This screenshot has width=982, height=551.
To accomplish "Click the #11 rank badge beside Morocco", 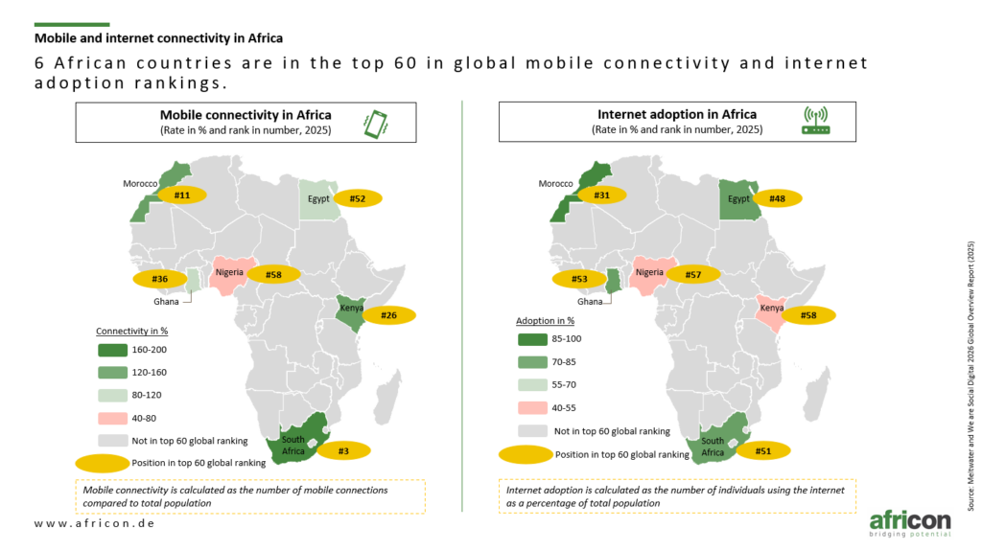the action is pyautogui.click(x=181, y=195).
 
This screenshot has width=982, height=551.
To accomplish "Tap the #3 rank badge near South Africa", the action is pyautogui.click(x=343, y=450).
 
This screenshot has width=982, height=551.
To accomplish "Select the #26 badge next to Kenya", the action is pyautogui.click(x=389, y=315).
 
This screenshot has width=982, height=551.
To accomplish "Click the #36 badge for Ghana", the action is pyautogui.click(x=160, y=279).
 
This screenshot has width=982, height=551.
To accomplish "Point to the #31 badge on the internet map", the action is pyautogui.click(x=601, y=195).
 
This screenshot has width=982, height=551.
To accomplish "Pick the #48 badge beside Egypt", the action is pyautogui.click(x=777, y=198).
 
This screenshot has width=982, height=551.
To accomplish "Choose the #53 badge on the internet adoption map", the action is pyautogui.click(x=579, y=279).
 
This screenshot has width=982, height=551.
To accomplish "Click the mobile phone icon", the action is pyautogui.click(x=376, y=124).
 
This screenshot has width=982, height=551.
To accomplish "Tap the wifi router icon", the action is pyautogui.click(x=816, y=121).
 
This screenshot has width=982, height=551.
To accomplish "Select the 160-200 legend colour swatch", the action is pyautogui.click(x=113, y=350).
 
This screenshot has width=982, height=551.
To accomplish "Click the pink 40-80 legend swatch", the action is pyautogui.click(x=113, y=418).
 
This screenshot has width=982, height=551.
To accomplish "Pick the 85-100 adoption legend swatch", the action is pyautogui.click(x=532, y=339).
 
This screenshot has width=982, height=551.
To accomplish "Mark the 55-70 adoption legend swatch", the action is pyautogui.click(x=532, y=385).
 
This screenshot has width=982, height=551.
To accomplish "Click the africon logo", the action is pyautogui.click(x=910, y=523).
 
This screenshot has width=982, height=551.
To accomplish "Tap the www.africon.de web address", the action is pyautogui.click(x=95, y=523).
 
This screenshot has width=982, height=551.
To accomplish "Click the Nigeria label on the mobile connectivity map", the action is pyautogui.click(x=229, y=272).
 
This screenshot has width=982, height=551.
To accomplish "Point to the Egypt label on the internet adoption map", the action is pyautogui.click(x=738, y=198).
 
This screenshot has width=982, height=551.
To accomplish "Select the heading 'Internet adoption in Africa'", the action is pyautogui.click(x=677, y=114).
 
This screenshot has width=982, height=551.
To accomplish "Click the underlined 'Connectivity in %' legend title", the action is pyautogui.click(x=131, y=331).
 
